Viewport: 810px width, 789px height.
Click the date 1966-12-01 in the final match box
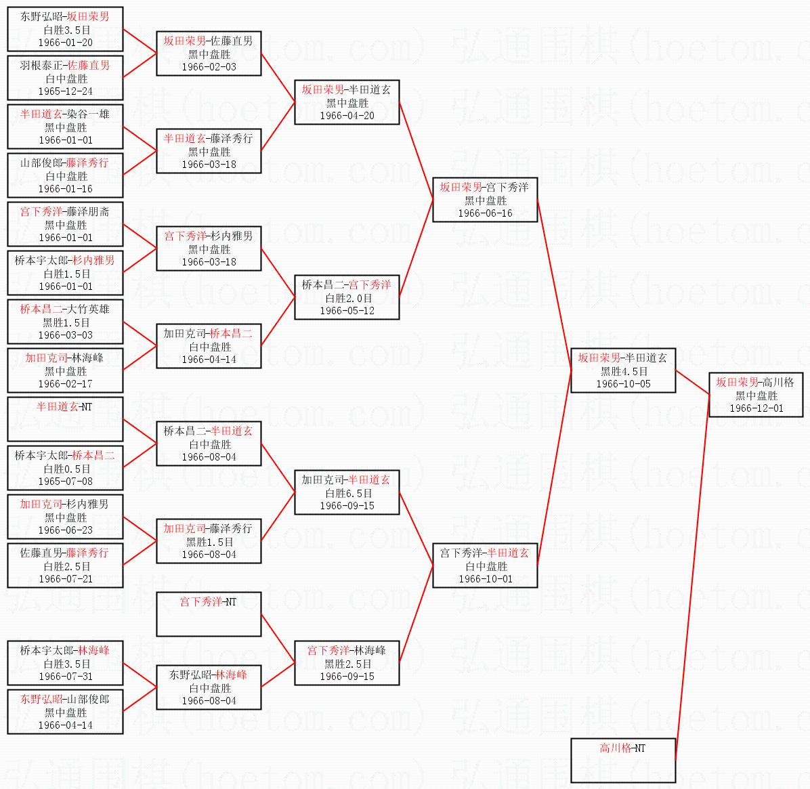(x=756, y=408)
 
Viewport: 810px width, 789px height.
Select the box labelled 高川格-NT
(x=623, y=760)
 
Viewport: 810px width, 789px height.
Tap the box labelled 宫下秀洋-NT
(x=209, y=614)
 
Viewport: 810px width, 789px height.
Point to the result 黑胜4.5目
(x=624, y=372)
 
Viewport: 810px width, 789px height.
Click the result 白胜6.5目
(x=348, y=494)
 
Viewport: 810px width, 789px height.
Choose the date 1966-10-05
(x=624, y=384)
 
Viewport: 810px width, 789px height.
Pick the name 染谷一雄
(x=90, y=114)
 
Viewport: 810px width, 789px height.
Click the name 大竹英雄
(x=90, y=309)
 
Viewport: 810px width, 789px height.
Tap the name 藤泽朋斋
(x=90, y=211)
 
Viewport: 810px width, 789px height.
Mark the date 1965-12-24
(x=66, y=91)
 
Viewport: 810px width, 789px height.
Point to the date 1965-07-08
(x=66, y=482)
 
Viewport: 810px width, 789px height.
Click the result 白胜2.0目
(x=348, y=298)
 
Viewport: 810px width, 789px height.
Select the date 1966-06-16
(x=485, y=213)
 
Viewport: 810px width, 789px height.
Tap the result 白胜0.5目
(x=66, y=469)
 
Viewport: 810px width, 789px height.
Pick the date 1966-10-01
(x=485, y=579)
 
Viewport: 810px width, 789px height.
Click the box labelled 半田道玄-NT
(x=65, y=419)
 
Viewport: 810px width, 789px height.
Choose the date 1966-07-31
(x=66, y=677)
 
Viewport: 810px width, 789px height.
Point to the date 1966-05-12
(x=347, y=311)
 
